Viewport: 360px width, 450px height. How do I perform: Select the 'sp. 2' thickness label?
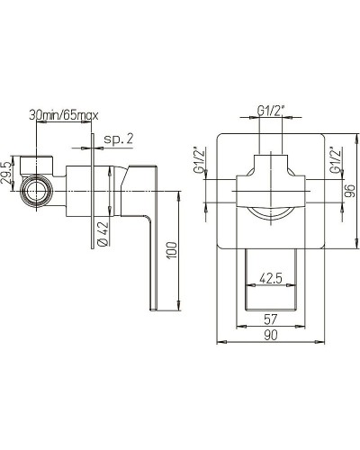pyautogui.click(x=118, y=139)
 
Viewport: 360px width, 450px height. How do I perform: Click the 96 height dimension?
pyautogui.click(x=349, y=191)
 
